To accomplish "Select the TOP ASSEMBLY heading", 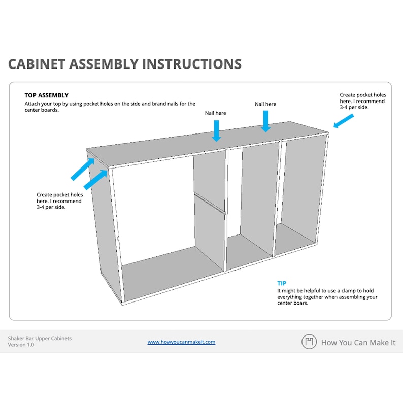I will [46, 95].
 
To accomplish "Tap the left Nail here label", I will [215, 113].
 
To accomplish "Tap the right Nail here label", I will [265, 104].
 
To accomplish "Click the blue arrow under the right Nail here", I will [265, 121].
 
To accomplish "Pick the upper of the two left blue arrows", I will [82, 169].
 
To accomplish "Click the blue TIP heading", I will [282, 283].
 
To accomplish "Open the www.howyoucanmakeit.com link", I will [181, 342].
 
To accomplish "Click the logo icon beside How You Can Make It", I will [309, 342].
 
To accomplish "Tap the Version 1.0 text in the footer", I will [21, 345].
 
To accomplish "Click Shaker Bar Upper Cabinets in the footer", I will [40, 338].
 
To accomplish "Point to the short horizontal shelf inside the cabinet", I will [209, 201].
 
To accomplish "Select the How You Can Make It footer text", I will [358, 343].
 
